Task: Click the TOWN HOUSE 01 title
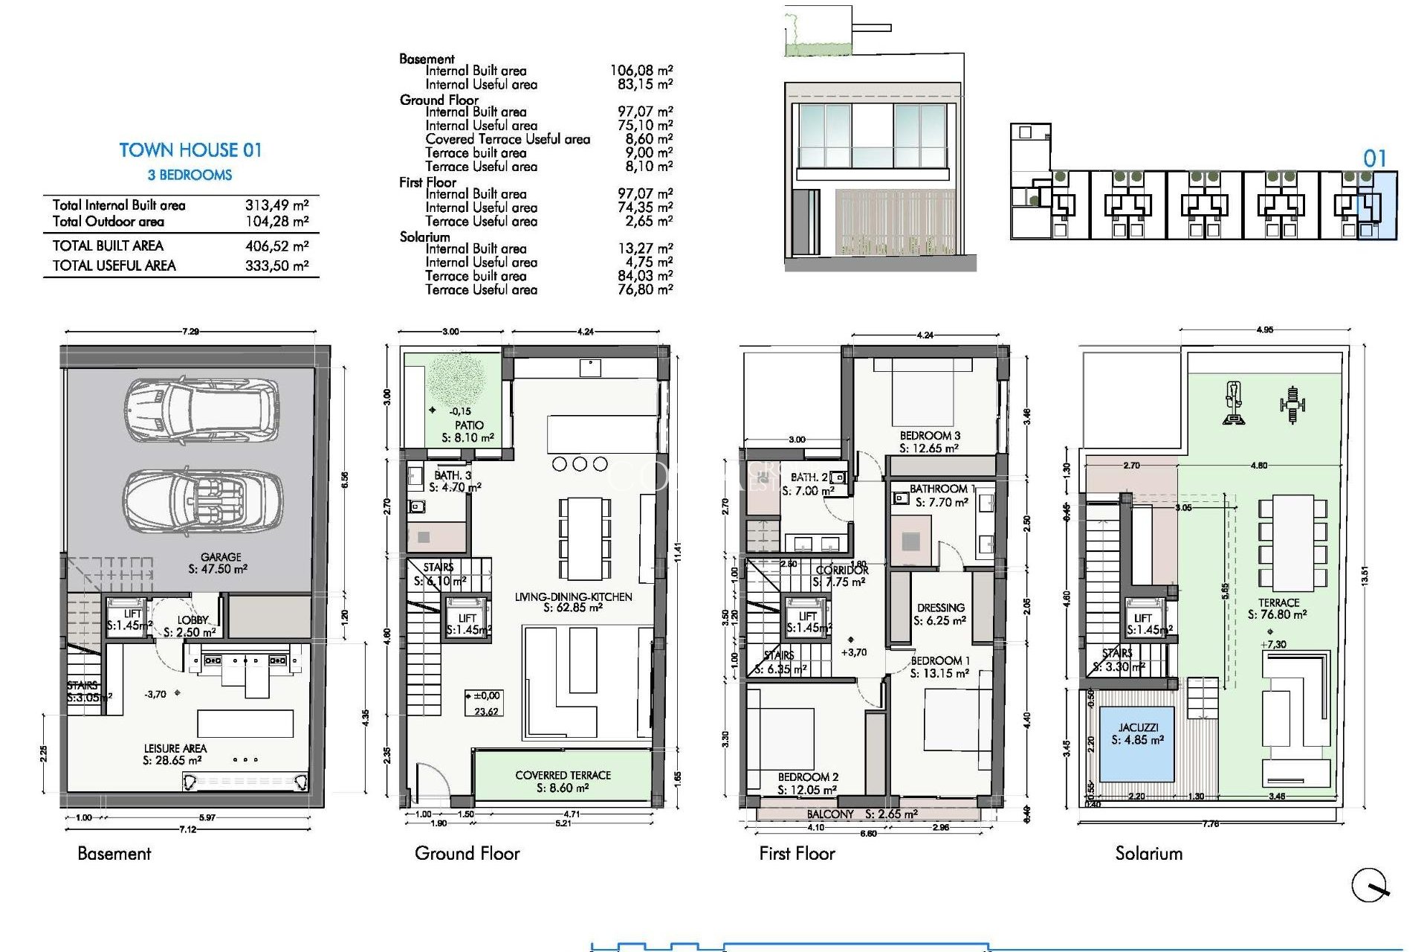point(190,150)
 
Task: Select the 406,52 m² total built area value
point(276,246)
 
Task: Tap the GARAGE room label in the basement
point(220,557)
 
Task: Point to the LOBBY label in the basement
point(192,620)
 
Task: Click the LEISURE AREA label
point(175,749)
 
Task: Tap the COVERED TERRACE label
point(563,776)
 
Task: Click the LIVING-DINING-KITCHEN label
point(573,597)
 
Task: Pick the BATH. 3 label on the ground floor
point(453,475)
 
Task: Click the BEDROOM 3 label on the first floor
point(930,436)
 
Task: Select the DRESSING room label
point(940,608)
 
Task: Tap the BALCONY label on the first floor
point(830,814)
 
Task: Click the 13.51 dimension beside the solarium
point(1365,576)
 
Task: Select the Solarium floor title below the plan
point(1148,854)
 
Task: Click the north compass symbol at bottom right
point(1369,885)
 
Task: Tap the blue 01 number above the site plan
point(1374,159)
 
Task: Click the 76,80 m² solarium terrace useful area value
point(645,290)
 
